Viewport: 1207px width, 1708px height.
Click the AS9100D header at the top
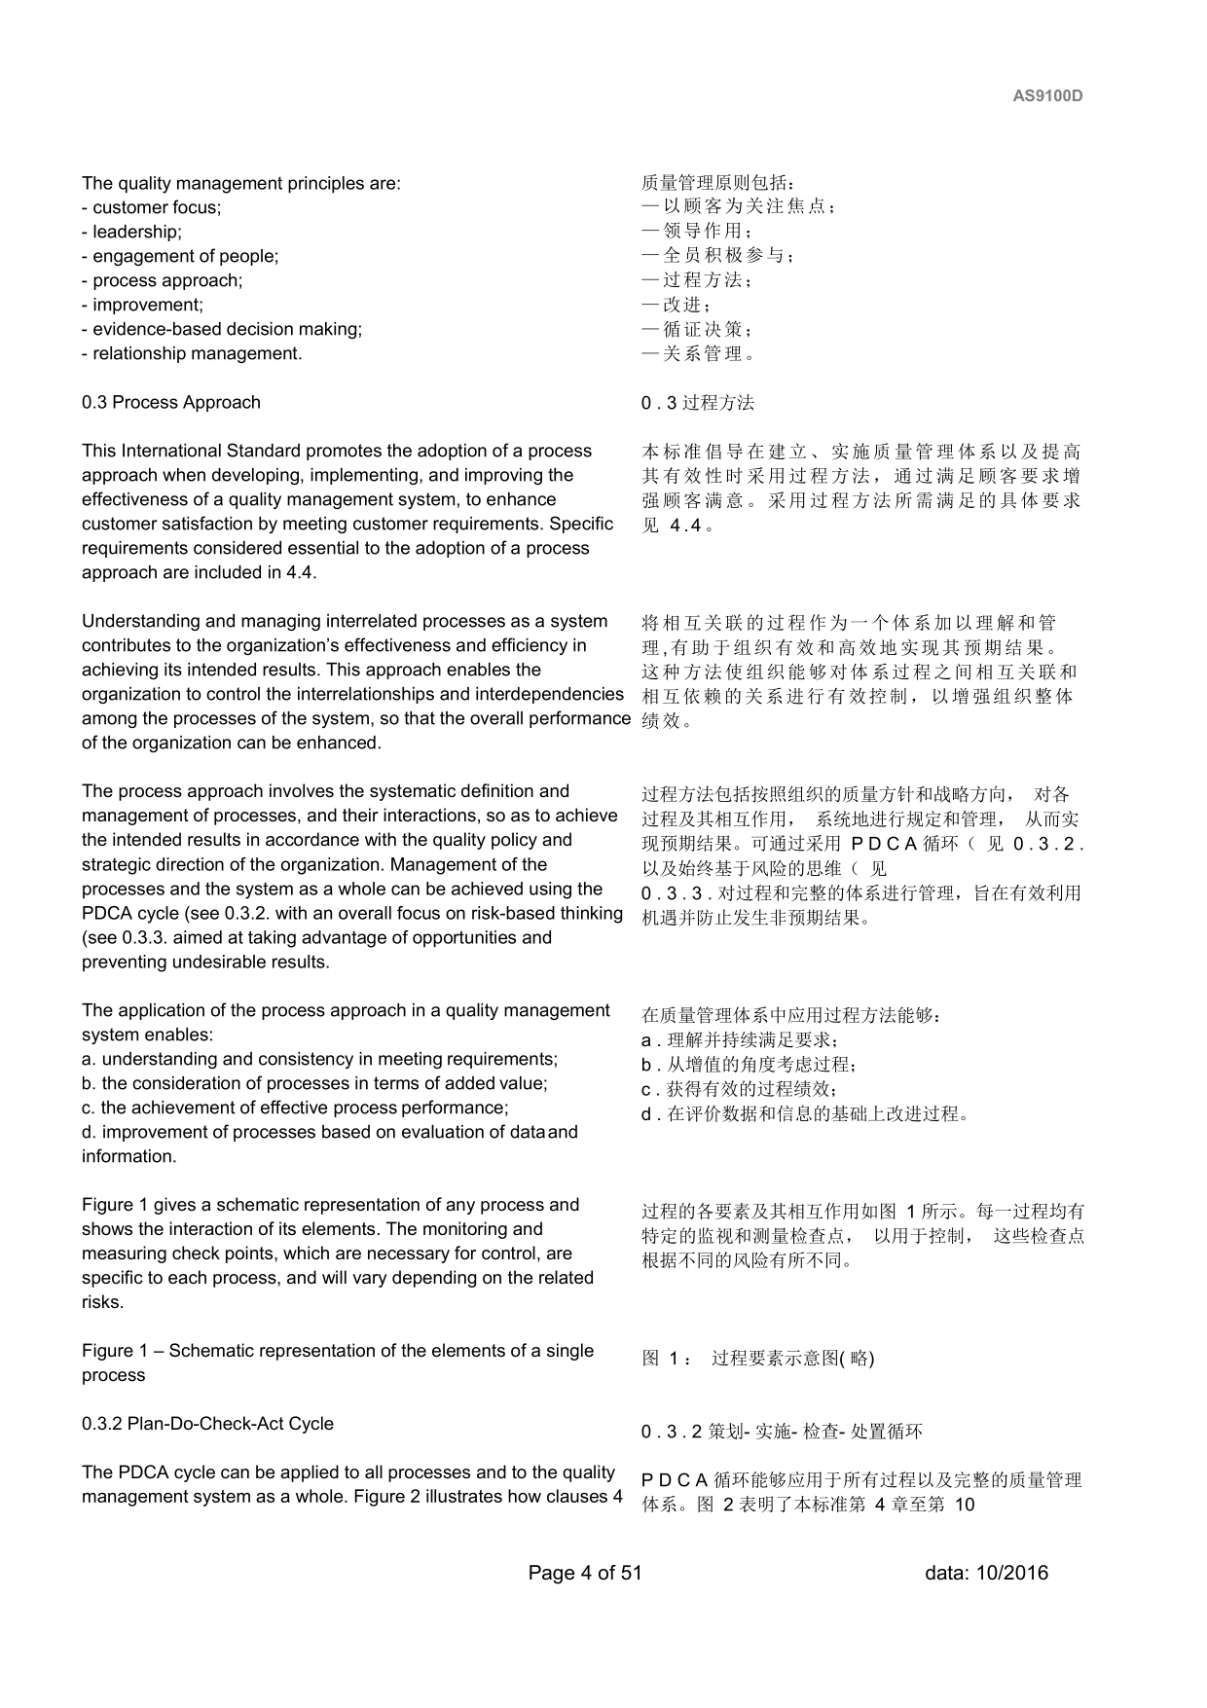1047,96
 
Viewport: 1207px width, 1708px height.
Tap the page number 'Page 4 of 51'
585,1573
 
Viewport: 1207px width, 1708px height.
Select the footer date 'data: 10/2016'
986,1573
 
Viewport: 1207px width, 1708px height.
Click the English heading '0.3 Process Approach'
171,402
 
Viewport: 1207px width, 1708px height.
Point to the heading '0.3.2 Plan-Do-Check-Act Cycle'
207,1424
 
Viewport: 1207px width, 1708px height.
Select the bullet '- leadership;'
131,232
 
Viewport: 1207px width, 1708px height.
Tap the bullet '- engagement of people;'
180,256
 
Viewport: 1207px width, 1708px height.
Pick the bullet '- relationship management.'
192,353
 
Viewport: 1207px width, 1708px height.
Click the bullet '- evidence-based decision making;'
222,329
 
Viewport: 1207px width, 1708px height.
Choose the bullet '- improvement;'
142,305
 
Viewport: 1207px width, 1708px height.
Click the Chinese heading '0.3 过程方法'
698,403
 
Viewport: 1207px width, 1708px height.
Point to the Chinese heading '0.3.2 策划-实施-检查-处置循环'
782,1432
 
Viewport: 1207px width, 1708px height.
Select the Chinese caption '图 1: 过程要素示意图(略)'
758,1359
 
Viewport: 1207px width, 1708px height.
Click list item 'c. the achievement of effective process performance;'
295,1108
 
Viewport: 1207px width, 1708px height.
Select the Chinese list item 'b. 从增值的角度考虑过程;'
750,1065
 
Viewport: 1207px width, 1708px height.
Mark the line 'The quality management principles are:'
241,183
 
